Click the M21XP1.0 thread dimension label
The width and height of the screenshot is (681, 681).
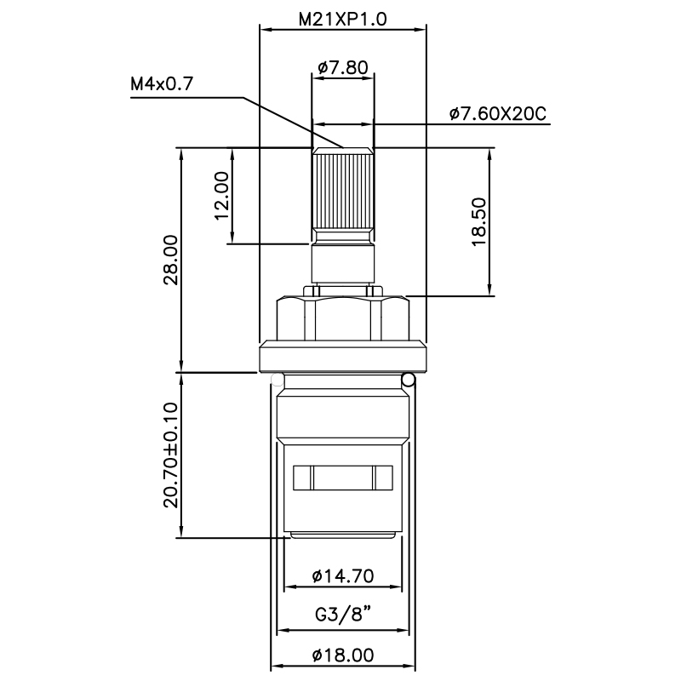[343, 19]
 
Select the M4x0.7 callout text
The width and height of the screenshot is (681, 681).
[162, 84]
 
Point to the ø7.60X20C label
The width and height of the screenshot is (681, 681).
[497, 113]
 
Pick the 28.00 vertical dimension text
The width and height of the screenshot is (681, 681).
[171, 260]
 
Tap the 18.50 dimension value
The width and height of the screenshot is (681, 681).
[478, 221]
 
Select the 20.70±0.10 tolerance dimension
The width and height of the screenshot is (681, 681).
[171, 455]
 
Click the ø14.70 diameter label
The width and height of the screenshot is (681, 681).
[343, 575]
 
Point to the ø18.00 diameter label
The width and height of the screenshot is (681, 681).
[343, 655]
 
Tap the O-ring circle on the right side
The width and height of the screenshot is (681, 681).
[409, 379]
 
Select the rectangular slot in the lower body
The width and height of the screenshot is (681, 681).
[343, 478]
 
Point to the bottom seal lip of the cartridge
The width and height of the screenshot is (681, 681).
[343, 535]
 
